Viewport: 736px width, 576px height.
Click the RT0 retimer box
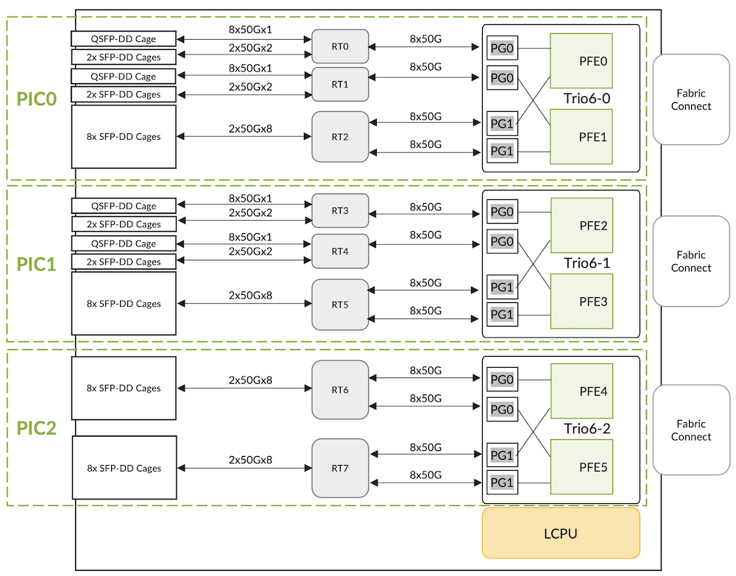click(x=339, y=46)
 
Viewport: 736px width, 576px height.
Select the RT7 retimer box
click(x=339, y=468)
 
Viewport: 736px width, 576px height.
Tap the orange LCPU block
click(x=560, y=533)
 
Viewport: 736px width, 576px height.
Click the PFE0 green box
click(x=581, y=61)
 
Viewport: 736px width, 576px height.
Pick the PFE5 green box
click(x=581, y=466)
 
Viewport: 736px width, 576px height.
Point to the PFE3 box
click(x=581, y=301)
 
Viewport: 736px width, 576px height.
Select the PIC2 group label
click(x=37, y=428)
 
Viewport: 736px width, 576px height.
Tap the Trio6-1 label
click(x=587, y=263)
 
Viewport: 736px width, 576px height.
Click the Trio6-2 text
click(x=587, y=428)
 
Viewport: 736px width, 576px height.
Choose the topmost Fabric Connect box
click(x=690, y=100)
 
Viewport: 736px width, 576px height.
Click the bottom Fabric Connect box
click(x=690, y=430)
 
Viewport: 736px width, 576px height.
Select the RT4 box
click(x=339, y=251)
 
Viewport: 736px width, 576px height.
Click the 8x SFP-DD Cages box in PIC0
click(x=124, y=137)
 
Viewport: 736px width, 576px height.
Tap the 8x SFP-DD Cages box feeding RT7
click(x=124, y=469)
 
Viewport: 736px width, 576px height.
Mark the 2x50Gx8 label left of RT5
click(x=250, y=295)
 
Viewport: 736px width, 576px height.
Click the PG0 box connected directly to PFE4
click(x=501, y=380)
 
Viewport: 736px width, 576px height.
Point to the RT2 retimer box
click(x=339, y=137)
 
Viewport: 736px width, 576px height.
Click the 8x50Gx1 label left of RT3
click(x=250, y=199)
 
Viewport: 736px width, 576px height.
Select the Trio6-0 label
click(x=587, y=98)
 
